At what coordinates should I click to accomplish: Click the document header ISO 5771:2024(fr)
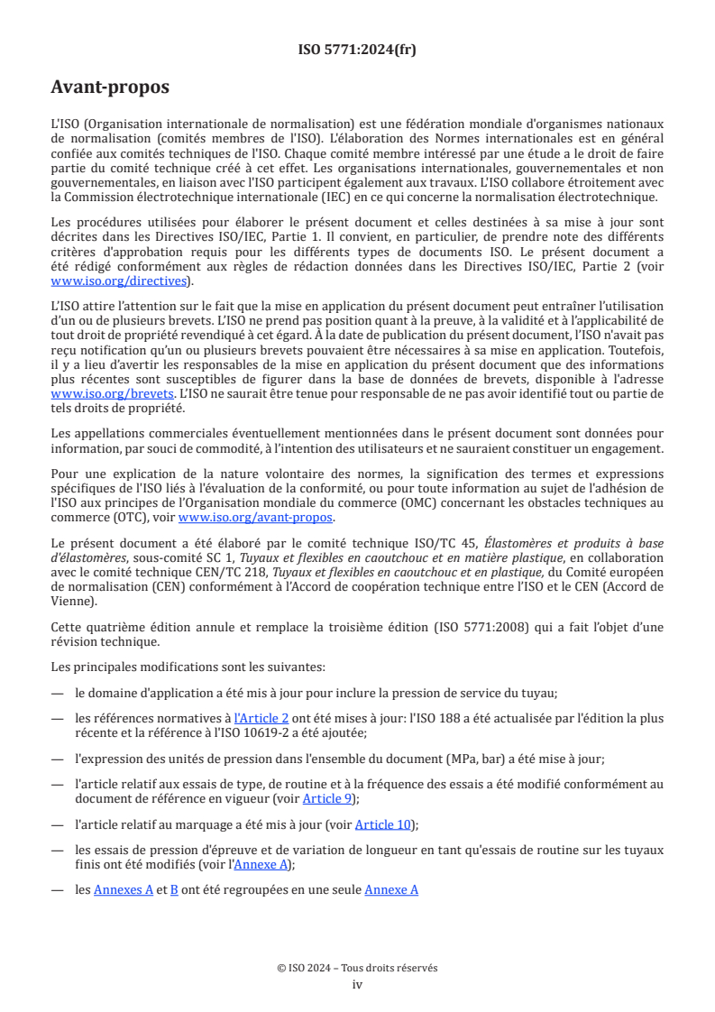[x=357, y=50]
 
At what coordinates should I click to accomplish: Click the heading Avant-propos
[x=110, y=87]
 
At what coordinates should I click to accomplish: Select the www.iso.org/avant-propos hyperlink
[x=256, y=518]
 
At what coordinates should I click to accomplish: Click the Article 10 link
[x=386, y=824]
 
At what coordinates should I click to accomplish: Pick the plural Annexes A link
[x=124, y=889]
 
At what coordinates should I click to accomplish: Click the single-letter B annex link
[x=174, y=889]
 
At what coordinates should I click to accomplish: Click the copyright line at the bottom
[x=357, y=968]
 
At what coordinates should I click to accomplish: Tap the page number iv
[x=357, y=984]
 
